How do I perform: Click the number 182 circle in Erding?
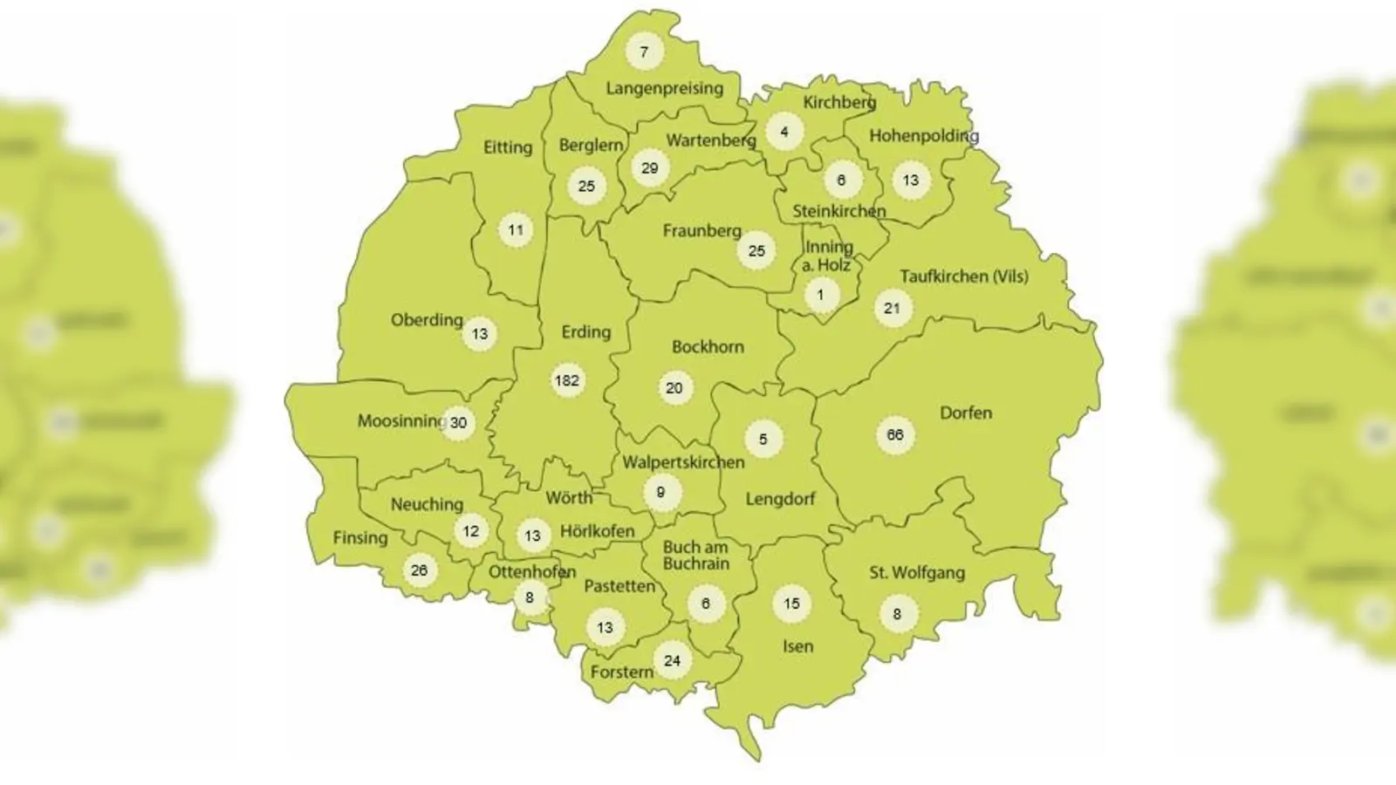pyautogui.click(x=567, y=380)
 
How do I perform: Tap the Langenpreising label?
pyautogui.click(x=664, y=88)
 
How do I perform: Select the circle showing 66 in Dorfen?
pyautogui.click(x=895, y=435)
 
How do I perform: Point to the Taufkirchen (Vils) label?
pyautogui.click(x=963, y=276)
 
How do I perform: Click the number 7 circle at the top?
pyautogui.click(x=644, y=51)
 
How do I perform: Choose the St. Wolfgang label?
pyautogui.click(x=916, y=573)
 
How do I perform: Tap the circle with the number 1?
pyautogui.click(x=820, y=295)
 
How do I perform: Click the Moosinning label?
pyautogui.click(x=400, y=421)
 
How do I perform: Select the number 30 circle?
pyautogui.click(x=458, y=423)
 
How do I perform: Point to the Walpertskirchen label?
pyautogui.click(x=683, y=462)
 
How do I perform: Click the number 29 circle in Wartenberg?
pyautogui.click(x=649, y=168)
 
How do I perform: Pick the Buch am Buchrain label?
pyautogui.click(x=695, y=556)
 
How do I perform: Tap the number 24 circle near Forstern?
pyautogui.click(x=672, y=660)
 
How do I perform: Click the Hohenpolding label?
pyautogui.click(x=923, y=136)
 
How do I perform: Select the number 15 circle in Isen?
pyautogui.click(x=791, y=604)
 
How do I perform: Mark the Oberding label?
pyautogui.click(x=426, y=320)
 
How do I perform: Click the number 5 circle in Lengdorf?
pyautogui.click(x=763, y=440)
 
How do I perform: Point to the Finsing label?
pyautogui.click(x=359, y=537)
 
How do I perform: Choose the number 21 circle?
pyautogui.click(x=892, y=308)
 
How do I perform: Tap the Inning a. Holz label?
pyautogui.click(x=827, y=256)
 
